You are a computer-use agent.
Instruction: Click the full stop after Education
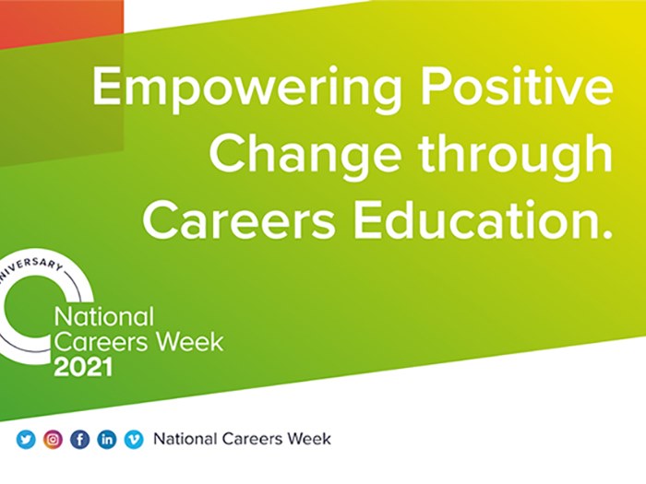(x=606, y=235)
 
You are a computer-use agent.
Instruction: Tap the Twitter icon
(x=26, y=439)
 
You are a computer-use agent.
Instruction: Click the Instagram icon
(x=53, y=439)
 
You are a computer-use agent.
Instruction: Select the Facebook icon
(x=79, y=439)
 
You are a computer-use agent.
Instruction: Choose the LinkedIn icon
(x=106, y=439)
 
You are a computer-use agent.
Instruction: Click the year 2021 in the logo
(x=83, y=368)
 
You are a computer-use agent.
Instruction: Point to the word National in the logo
(x=104, y=317)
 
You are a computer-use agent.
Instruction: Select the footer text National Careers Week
(x=242, y=439)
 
